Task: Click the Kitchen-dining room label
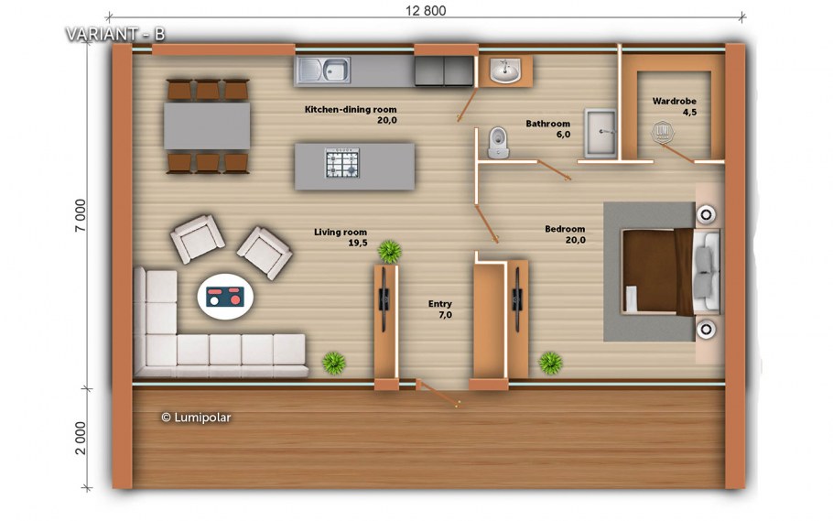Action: tap(351, 110)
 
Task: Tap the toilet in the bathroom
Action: tap(498, 142)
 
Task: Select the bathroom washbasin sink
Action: tap(504, 71)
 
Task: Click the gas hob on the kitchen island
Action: tap(342, 163)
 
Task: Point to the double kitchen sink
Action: tap(323, 70)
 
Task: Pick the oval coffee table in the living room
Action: tap(225, 297)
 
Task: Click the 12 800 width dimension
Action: tap(426, 10)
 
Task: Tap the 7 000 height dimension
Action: tap(80, 215)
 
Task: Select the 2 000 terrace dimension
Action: tap(80, 438)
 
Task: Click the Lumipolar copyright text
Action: tap(196, 418)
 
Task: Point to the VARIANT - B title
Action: tap(115, 34)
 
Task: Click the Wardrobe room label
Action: tap(674, 101)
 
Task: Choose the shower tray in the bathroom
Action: tap(600, 133)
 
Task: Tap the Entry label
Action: tap(440, 304)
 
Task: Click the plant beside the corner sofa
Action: tap(333, 364)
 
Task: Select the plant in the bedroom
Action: tap(550, 364)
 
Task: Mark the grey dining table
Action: tap(207, 126)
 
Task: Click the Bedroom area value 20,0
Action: tap(576, 240)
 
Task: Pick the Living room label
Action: tap(341, 232)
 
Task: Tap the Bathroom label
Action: tap(547, 124)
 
